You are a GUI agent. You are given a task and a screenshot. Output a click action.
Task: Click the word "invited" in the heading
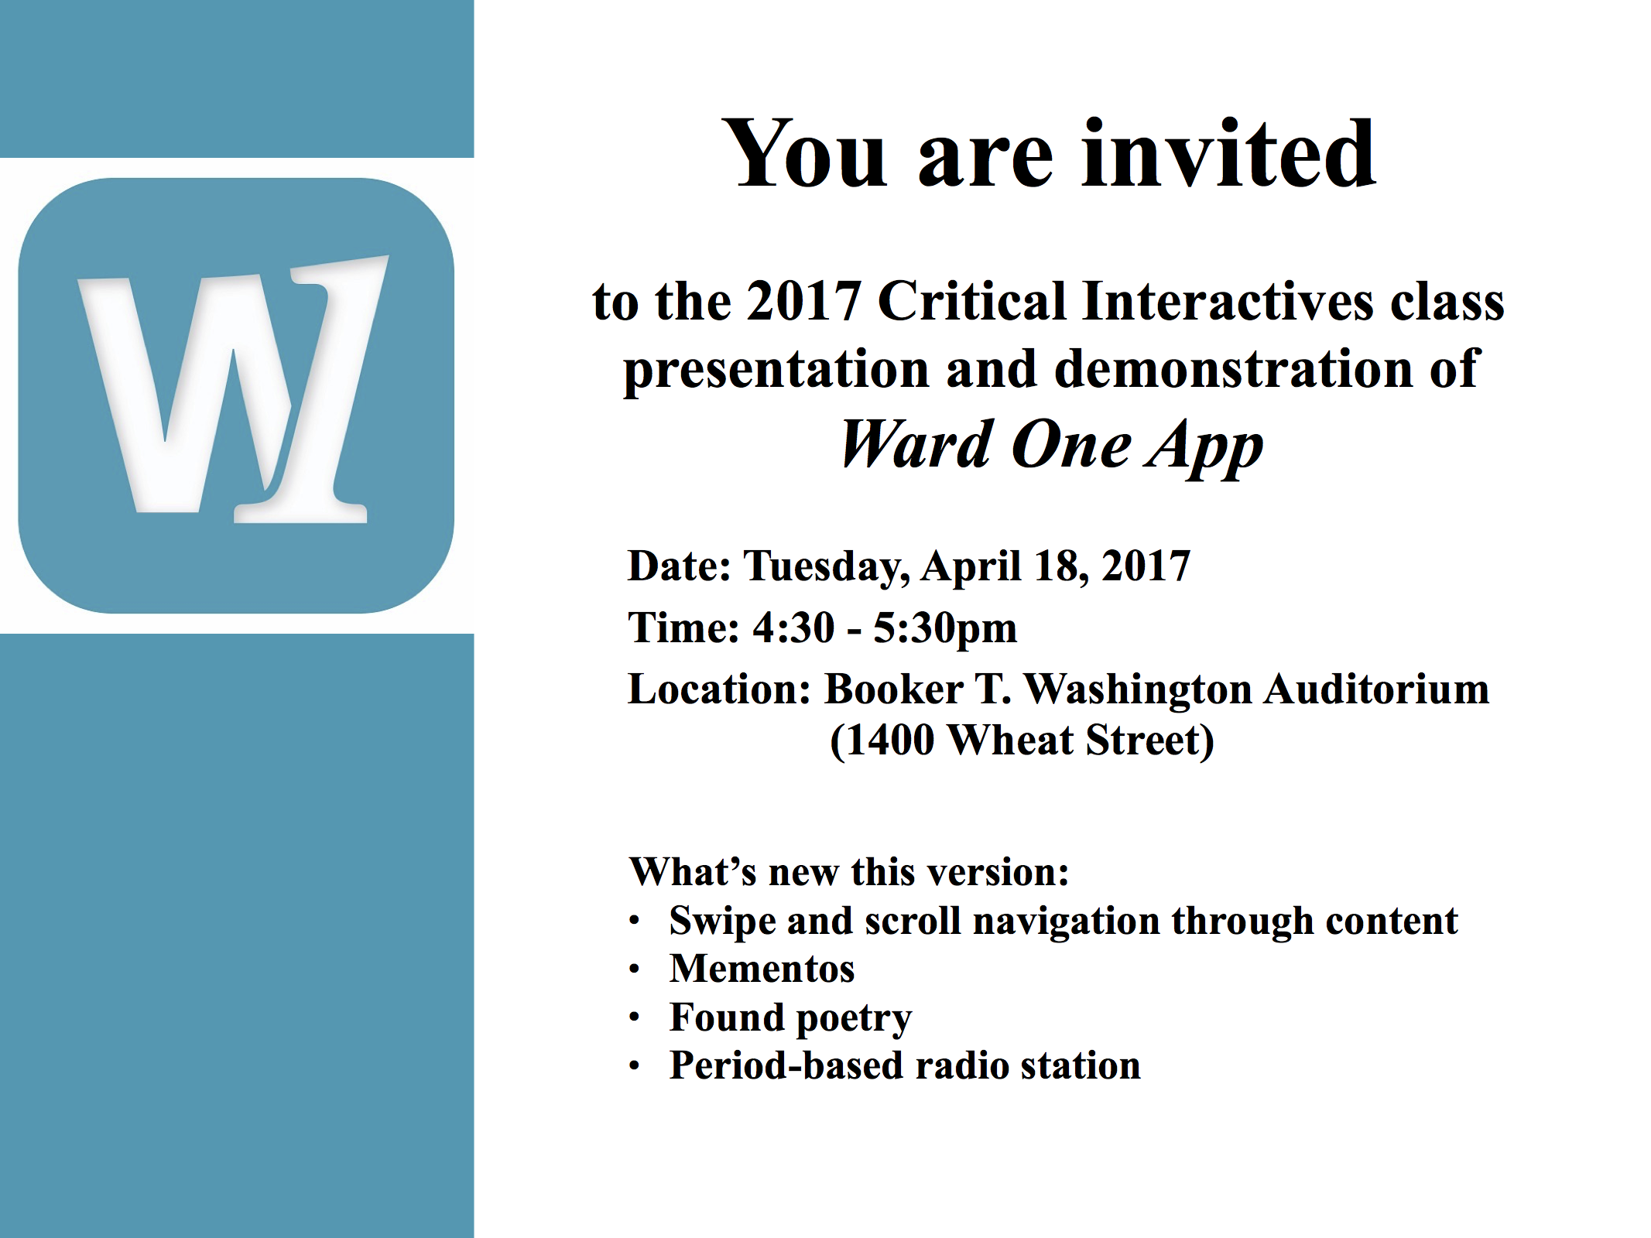(1228, 154)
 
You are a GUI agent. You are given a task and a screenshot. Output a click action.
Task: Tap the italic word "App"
(1204, 449)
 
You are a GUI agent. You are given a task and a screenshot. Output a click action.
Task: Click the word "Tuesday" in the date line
(827, 567)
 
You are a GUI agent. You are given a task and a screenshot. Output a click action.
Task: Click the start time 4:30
(793, 628)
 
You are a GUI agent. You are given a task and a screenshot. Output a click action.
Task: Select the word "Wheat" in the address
(1010, 740)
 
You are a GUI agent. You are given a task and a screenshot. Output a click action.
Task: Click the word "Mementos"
(762, 969)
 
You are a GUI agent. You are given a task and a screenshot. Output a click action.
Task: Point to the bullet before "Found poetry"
(635, 1017)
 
